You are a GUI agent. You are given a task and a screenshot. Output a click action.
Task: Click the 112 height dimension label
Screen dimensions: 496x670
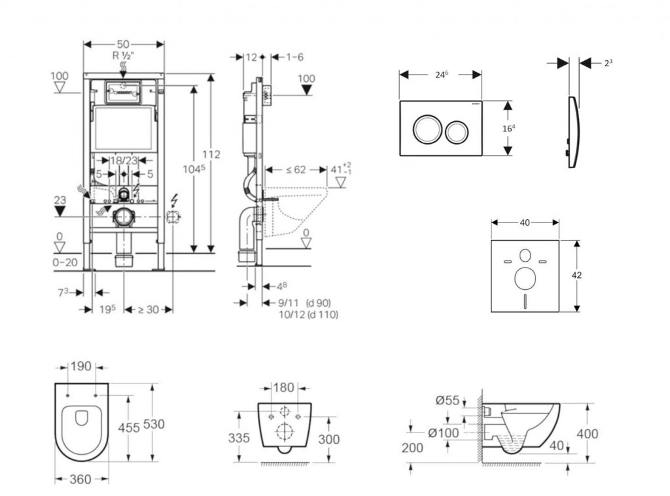[x=211, y=154]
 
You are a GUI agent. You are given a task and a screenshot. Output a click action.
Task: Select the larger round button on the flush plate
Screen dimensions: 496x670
[x=423, y=128]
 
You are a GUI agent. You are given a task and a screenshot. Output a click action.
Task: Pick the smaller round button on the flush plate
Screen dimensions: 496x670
[x=455, y=133]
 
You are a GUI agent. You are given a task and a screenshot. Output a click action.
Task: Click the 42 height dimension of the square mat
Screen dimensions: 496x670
[x=577, y=275]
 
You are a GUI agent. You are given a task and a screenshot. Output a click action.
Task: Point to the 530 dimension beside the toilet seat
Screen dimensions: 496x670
[x=154, y=424]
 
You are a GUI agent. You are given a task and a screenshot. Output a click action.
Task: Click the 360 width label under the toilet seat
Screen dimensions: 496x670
[x=79, y=480]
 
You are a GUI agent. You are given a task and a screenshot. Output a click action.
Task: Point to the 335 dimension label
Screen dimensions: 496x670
[x=239, y=438]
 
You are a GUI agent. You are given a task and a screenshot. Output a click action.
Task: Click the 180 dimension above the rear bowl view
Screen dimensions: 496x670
[x=283, y=388]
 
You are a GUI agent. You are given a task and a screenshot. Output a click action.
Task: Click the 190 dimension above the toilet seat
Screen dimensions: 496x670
[x=81, y=366]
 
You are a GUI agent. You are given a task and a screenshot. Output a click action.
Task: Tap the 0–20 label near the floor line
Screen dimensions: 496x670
[x=65, y=262]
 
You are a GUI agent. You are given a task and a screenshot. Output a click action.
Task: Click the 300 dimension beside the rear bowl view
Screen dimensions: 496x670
[x=328, y=439]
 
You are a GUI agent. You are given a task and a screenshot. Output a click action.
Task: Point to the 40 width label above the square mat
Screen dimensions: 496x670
[x=524, y=222]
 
